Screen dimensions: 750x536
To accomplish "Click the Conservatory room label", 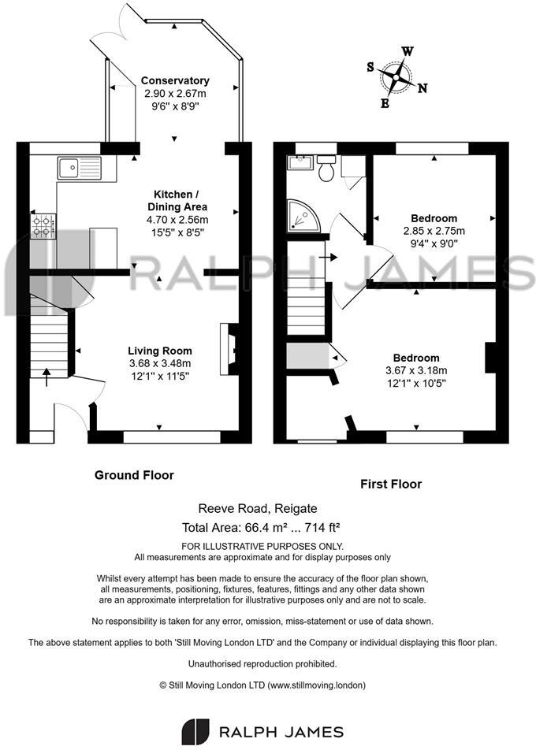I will [x=175, y=80].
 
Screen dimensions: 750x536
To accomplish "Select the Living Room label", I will [x=160, y=351].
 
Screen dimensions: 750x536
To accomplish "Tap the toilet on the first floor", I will [x=326, y=168].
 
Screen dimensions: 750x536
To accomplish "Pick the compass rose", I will [x=396, y=77].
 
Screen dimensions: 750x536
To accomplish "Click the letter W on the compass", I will [x=408, y=51].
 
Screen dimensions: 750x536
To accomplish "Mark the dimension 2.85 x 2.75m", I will [x=434, y=231].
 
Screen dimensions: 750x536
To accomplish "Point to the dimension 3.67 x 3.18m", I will [x=415, y=370].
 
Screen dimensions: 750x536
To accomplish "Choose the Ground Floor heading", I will [x=134, y=475].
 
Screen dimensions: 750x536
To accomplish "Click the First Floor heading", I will [x=391, y=484].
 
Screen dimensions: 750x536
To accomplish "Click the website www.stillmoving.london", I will [x=316, y=685].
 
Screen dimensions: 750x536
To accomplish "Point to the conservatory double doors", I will [x=126, y=28].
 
